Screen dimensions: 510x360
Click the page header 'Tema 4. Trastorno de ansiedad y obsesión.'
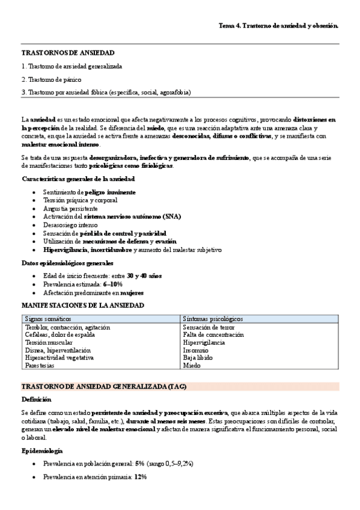(278, 26)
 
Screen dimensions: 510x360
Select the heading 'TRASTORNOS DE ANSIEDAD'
(68, 54)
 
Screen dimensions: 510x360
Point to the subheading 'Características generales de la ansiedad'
(78, 179)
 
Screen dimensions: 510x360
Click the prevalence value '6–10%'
(113, 284)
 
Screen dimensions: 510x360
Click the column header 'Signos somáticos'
(47, 318)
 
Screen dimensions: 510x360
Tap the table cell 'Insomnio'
(196, 349)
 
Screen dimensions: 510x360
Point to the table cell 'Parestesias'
(40, 365)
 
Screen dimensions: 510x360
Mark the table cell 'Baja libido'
(198, 357)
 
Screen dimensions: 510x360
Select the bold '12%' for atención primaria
(141, 476)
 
